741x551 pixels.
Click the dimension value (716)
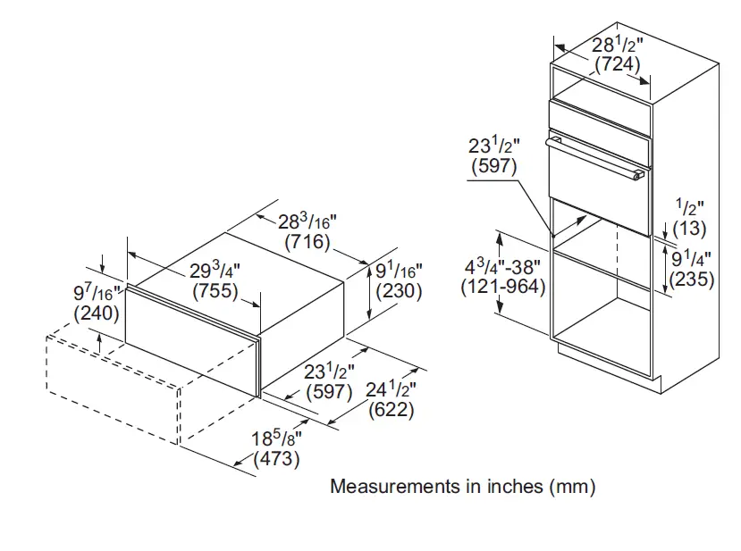(x=307, y=242)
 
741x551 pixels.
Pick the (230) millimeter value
(x=400, y=290)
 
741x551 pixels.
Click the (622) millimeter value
(x=392, y=410)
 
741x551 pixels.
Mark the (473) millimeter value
(x=276, y=460)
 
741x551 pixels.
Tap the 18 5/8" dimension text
(x=277, y=438)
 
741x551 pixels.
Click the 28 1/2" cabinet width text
(x=617, y=45)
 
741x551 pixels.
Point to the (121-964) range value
(x=503, y=288)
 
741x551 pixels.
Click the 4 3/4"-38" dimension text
(x=502, y=266)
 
